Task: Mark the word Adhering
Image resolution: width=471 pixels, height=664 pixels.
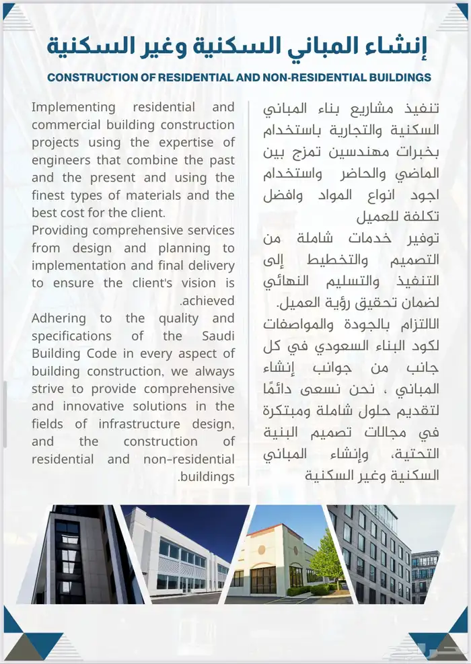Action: pyautogui.click(x=59, y=318)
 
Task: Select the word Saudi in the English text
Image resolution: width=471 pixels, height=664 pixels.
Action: pyautogui.click(x=218, y=336)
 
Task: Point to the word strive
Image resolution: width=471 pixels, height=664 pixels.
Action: pyautogui.click(x=48, y=389)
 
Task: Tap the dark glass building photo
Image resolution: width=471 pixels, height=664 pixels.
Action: pyautogui.click(x=77, y=555)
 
